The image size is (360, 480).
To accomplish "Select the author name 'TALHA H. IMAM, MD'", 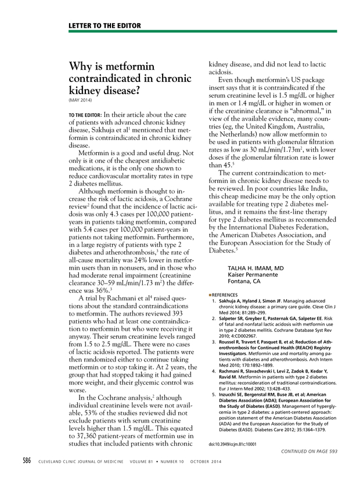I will click(247, 268).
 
